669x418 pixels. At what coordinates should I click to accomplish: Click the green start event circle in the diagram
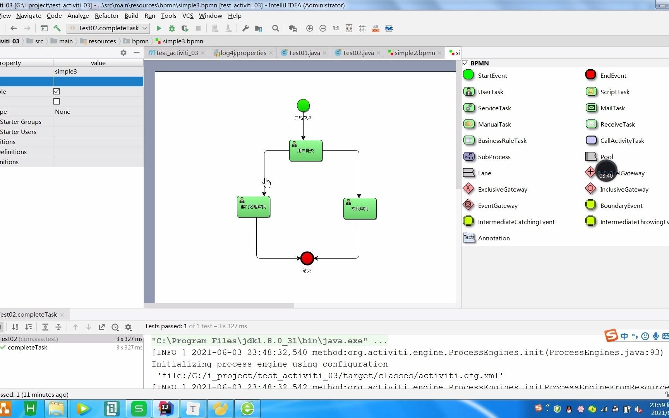303,106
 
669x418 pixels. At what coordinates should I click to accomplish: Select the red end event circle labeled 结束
307,258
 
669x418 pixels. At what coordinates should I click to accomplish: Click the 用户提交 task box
306,151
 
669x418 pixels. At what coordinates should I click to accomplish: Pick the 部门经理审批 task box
254,207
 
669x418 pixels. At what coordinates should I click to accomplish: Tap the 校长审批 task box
360,209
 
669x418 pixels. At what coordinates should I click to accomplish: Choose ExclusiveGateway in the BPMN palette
502,189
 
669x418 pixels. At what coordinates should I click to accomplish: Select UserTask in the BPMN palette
490,92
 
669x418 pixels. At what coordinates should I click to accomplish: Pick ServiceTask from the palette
494,108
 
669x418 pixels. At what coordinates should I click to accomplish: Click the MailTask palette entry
612,108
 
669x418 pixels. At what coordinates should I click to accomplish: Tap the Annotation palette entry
493,238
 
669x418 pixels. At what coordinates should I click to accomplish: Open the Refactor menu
106,15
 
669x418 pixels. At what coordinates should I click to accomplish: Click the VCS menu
188,15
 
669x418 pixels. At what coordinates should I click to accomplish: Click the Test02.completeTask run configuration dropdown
108,28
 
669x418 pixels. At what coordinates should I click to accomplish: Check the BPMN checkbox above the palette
465,63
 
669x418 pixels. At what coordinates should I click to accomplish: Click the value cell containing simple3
98,71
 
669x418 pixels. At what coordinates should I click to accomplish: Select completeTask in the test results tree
27,347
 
